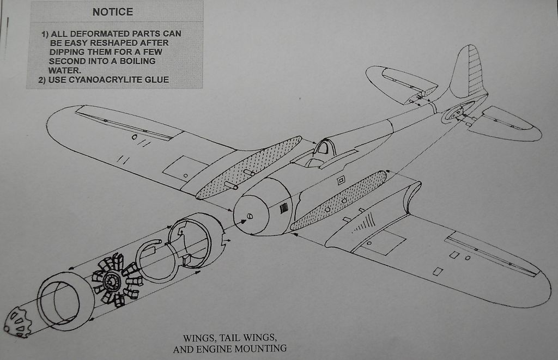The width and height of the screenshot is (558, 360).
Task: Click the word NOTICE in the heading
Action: click(x=112, y=12)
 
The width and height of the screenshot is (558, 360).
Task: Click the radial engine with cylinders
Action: click(x=116, y=280)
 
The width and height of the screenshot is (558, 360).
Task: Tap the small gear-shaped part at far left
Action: click(x=18, y=322)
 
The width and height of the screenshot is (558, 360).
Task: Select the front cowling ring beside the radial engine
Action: click(x=65, y=301)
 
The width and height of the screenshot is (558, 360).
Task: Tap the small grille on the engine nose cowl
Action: click(x=284, y=208)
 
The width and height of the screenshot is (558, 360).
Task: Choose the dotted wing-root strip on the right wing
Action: click(x=339, y=199)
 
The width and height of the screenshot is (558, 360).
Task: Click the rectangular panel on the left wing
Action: click(x=185, y=169)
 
